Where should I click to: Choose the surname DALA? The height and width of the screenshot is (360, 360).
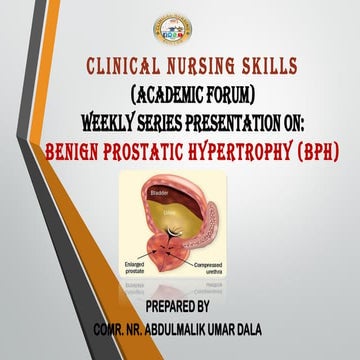[x=277, y=325]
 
